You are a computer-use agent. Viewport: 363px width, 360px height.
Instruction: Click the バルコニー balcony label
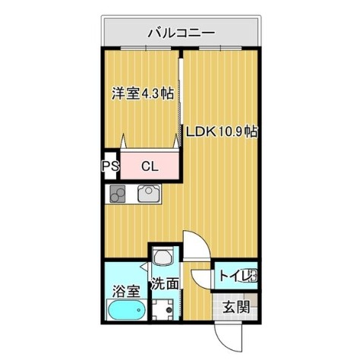tap(181, 33)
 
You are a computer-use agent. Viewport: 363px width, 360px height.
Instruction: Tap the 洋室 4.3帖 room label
tap(143, 93)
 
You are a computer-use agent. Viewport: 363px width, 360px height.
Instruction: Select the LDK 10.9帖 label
tap(222, 131)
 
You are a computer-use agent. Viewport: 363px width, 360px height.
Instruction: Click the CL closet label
tap(150, 166)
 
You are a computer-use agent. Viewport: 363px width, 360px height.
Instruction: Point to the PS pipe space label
tap(110, 166)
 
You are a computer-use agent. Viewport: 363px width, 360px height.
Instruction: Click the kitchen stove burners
tap(118, 194)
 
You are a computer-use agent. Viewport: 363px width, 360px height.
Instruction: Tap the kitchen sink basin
tap(149, 194)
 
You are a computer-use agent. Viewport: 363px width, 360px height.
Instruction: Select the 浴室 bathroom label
tap(126, 291)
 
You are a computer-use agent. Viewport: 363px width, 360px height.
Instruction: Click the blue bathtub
tap(127, 310)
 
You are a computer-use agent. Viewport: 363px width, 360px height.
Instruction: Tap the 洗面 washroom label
tap(165, 283)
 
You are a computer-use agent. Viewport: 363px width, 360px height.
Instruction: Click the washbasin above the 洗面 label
tap(163, 256)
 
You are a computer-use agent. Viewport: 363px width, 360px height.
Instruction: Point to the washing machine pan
tap(163, 310)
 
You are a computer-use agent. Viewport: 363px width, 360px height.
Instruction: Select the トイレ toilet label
tap(238, 276)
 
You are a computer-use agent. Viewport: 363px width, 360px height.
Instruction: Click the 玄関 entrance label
tap(236, 307)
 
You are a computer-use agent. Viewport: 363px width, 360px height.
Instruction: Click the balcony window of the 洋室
tap(146, 48)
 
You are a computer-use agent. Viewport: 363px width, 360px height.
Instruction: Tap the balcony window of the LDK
tap(220, 48)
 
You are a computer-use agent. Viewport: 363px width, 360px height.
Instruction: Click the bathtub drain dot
tap(138, 310)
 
